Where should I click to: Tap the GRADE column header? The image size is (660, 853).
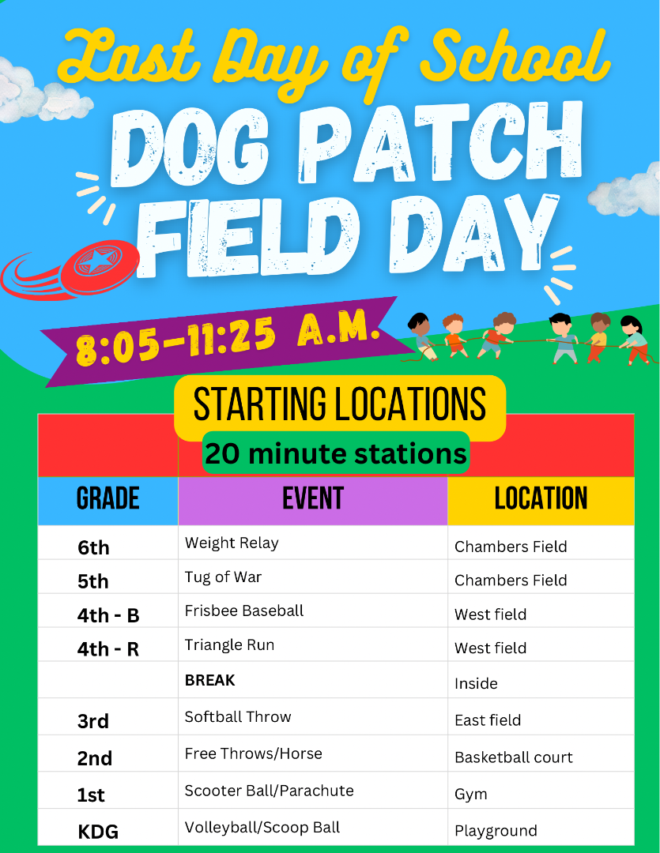107,498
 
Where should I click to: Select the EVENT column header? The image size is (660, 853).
312,498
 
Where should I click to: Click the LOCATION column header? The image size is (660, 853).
541,498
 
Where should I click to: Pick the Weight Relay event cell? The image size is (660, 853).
232,543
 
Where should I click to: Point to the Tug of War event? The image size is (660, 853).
223,577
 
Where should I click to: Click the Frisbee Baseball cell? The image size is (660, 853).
244,611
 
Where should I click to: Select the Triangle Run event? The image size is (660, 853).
229,645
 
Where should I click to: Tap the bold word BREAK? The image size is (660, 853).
209,680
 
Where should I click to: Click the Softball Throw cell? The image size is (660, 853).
238,716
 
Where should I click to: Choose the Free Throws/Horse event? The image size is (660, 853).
253,753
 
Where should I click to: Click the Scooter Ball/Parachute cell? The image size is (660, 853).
269,791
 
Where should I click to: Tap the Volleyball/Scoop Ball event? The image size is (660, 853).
262,828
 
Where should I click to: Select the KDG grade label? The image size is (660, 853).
98,832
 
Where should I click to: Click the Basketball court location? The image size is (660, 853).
514,757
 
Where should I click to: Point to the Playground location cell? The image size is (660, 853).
496,831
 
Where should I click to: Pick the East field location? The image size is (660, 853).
488,720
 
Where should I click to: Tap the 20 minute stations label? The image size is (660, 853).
336,453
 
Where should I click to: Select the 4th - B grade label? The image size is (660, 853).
108,615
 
